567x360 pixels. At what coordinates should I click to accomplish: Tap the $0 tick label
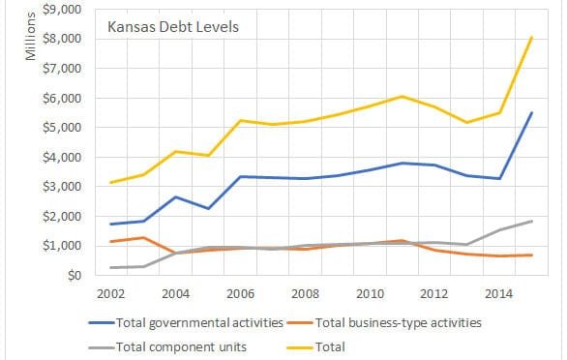click(72, 276)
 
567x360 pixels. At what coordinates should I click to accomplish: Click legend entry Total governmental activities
click(197, 321)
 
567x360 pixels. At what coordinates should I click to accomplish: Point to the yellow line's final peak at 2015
click(532, 38)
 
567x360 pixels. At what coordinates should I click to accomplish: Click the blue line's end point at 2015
click(532, 112)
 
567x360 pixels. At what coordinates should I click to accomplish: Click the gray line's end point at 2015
click(532, 222)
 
